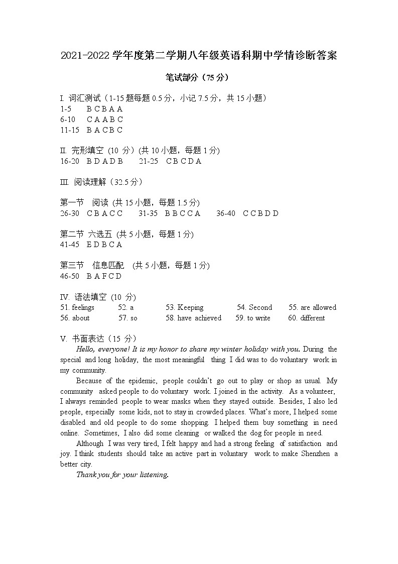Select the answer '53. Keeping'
(184, 307)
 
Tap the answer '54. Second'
(254, 307)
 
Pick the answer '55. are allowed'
(312, 307)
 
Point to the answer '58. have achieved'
(193, 318)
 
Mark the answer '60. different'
(306, 318)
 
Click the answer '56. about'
(75, 318)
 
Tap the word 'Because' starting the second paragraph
(89, 381)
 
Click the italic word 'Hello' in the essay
(86, 349)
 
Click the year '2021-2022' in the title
(85, 56)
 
